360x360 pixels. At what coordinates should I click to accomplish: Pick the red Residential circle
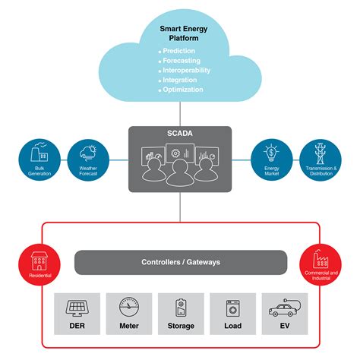40,262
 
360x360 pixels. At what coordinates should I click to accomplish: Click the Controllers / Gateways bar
180,262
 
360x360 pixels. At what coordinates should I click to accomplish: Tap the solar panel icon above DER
76,308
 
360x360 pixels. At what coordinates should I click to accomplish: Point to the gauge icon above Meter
128,308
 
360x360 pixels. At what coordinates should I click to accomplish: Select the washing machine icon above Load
232,308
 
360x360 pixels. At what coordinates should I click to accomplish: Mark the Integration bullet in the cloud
181,80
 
